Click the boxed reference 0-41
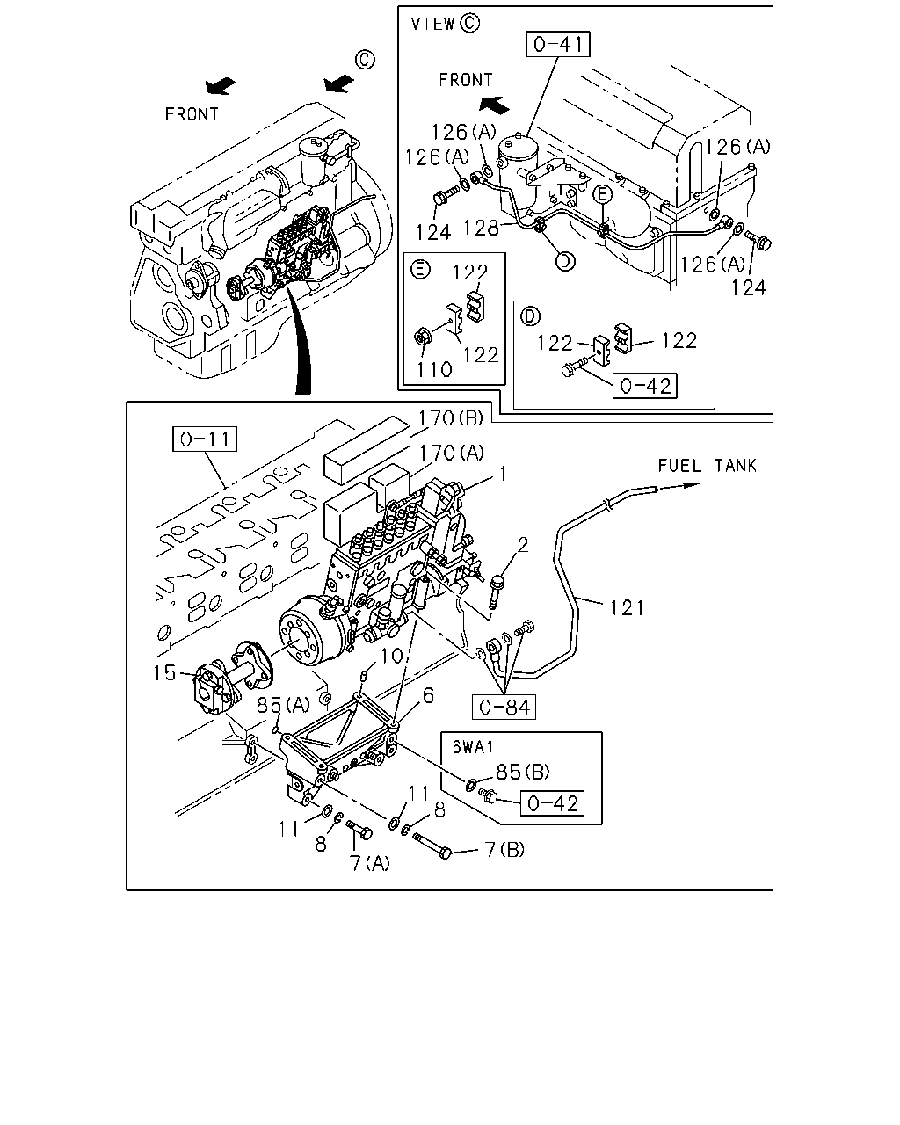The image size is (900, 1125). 557,45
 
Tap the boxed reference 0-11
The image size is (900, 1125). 205,439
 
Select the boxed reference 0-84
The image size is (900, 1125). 504,708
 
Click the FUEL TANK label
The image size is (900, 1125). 707,465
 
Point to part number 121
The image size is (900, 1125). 627,608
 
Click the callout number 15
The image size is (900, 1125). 164,673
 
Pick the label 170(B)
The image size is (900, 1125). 450,417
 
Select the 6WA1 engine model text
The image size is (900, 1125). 473,747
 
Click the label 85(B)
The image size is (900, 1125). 522,772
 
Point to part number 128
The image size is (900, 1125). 481,228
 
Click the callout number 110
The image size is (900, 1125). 434,370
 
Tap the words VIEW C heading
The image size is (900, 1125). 445,24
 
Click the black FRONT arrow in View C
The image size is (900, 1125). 494,105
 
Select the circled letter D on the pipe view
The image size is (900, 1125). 565,260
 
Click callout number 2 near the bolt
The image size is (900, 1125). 522,545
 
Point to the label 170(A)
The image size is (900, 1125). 451,453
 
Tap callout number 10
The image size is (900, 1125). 391,656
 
